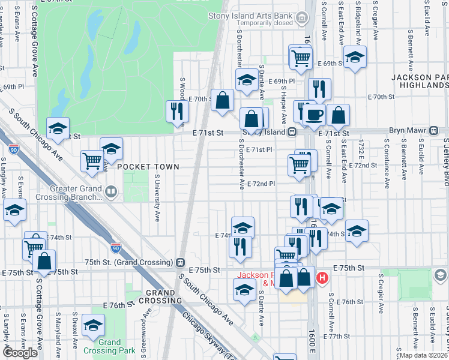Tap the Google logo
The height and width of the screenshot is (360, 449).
pos(20,352)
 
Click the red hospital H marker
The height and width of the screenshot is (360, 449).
pos(322,278)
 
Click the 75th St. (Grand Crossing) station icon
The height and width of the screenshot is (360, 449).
pos(179,262)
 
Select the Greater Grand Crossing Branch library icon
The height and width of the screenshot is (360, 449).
pos(110,192)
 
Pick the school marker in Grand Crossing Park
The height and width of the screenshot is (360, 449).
pos(93,325)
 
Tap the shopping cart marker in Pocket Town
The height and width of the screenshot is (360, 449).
pos(92,161)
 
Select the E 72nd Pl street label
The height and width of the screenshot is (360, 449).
pos(261,184)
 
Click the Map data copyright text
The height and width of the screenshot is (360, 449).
pos(424,355)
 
